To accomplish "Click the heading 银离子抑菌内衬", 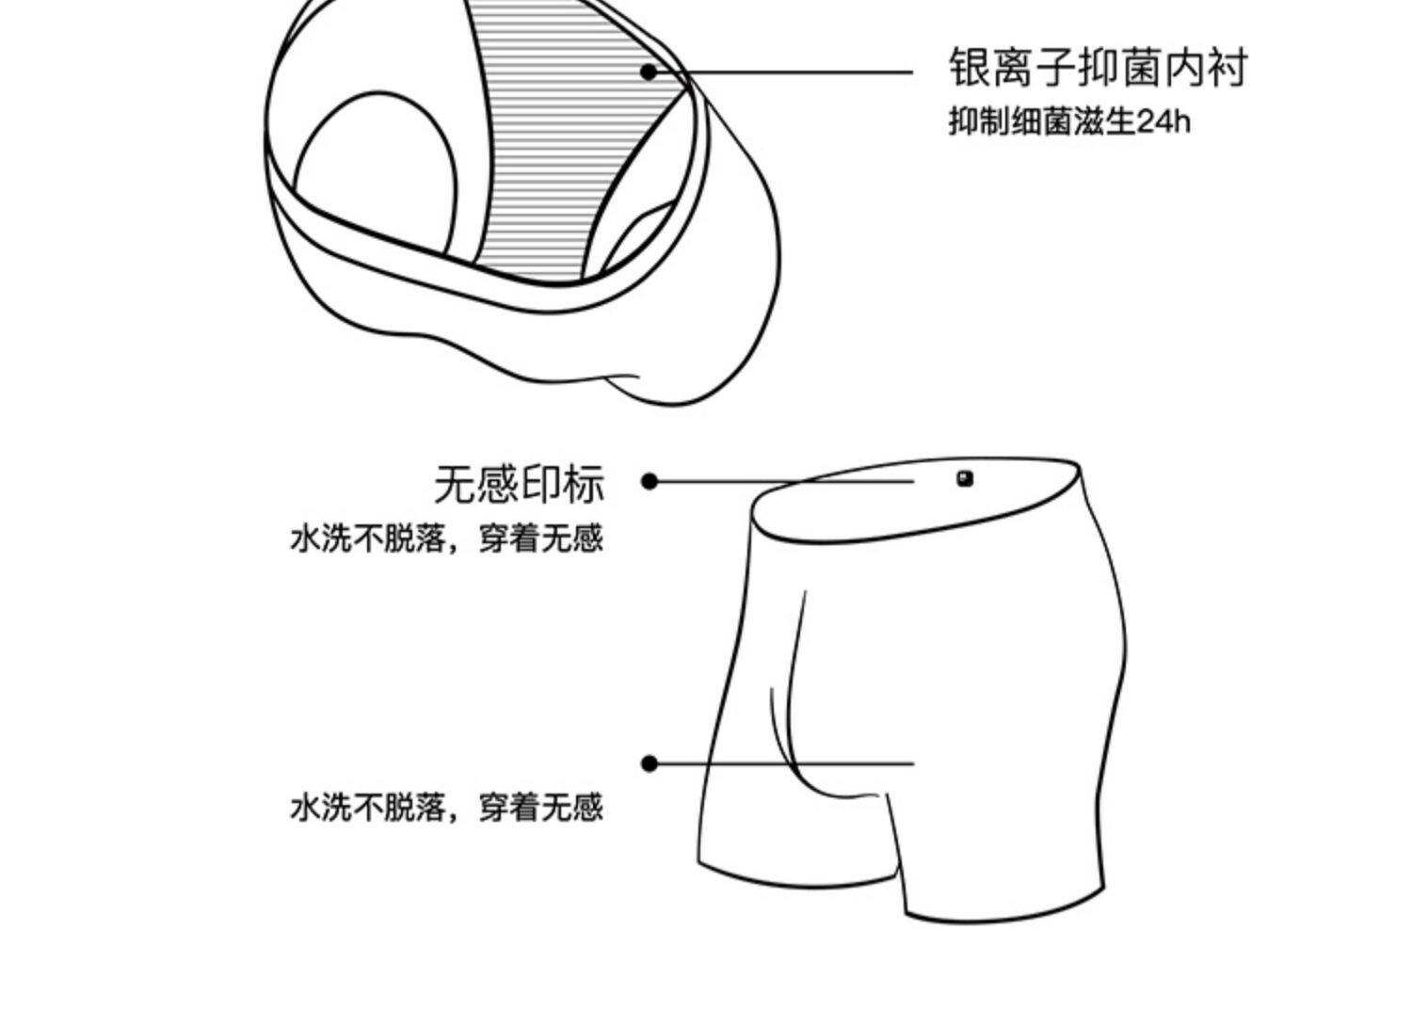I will tap(1097, 68).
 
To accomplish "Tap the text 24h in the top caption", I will tap(1164, 122).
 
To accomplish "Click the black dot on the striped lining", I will tap(649, 71).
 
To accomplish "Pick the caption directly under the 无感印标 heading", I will tap(446, 539).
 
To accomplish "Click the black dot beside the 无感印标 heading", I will tap(649, 481).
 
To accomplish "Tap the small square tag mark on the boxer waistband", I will tap(965, 478).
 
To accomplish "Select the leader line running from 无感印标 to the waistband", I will tap(781, 482).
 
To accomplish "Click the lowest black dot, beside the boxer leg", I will tap(649, 763).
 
